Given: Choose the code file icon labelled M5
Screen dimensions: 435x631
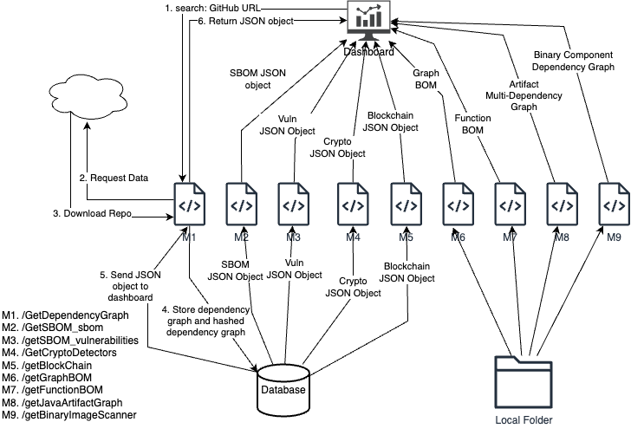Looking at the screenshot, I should click(405, 205).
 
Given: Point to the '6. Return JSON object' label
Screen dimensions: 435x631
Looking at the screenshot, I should click(245, 21).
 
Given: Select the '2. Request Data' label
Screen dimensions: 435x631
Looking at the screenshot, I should click(114, 178).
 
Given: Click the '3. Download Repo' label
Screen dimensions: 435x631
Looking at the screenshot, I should click(93, 213).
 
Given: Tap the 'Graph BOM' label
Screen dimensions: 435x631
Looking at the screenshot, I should click(426, 80).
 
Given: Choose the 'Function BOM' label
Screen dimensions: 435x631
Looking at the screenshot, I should click(473, 123).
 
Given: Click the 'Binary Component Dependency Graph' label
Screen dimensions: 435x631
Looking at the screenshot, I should click(573, 60).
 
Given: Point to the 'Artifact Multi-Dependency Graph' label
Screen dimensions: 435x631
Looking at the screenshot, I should click(524, 95).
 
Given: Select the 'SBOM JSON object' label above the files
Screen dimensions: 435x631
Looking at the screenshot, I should click(257, 80).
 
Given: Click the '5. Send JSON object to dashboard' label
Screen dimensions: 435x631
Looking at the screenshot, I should click(130, 286).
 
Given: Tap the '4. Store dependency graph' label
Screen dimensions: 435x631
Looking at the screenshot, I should click(205, 321).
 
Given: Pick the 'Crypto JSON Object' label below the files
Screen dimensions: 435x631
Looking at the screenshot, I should click(353, 288).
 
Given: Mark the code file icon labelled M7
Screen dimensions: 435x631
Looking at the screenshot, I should click(509, 205).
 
